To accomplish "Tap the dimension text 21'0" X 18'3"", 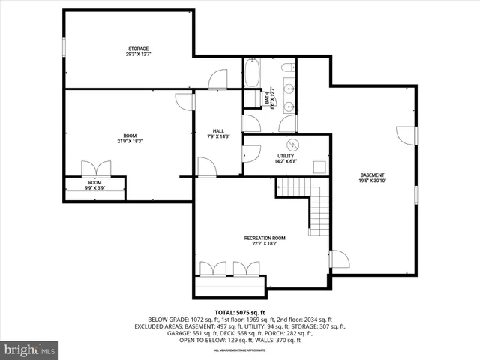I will [130, 141].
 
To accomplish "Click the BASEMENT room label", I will [372, 175].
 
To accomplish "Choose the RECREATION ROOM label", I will [262, 238].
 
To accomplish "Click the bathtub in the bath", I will [252, 74].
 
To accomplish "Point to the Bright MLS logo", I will [30, 349].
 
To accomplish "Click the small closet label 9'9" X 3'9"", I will [94, 188].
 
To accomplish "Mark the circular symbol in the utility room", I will [294, 145].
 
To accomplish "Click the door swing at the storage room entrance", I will [217, 79].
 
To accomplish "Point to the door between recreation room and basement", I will [339, 259].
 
